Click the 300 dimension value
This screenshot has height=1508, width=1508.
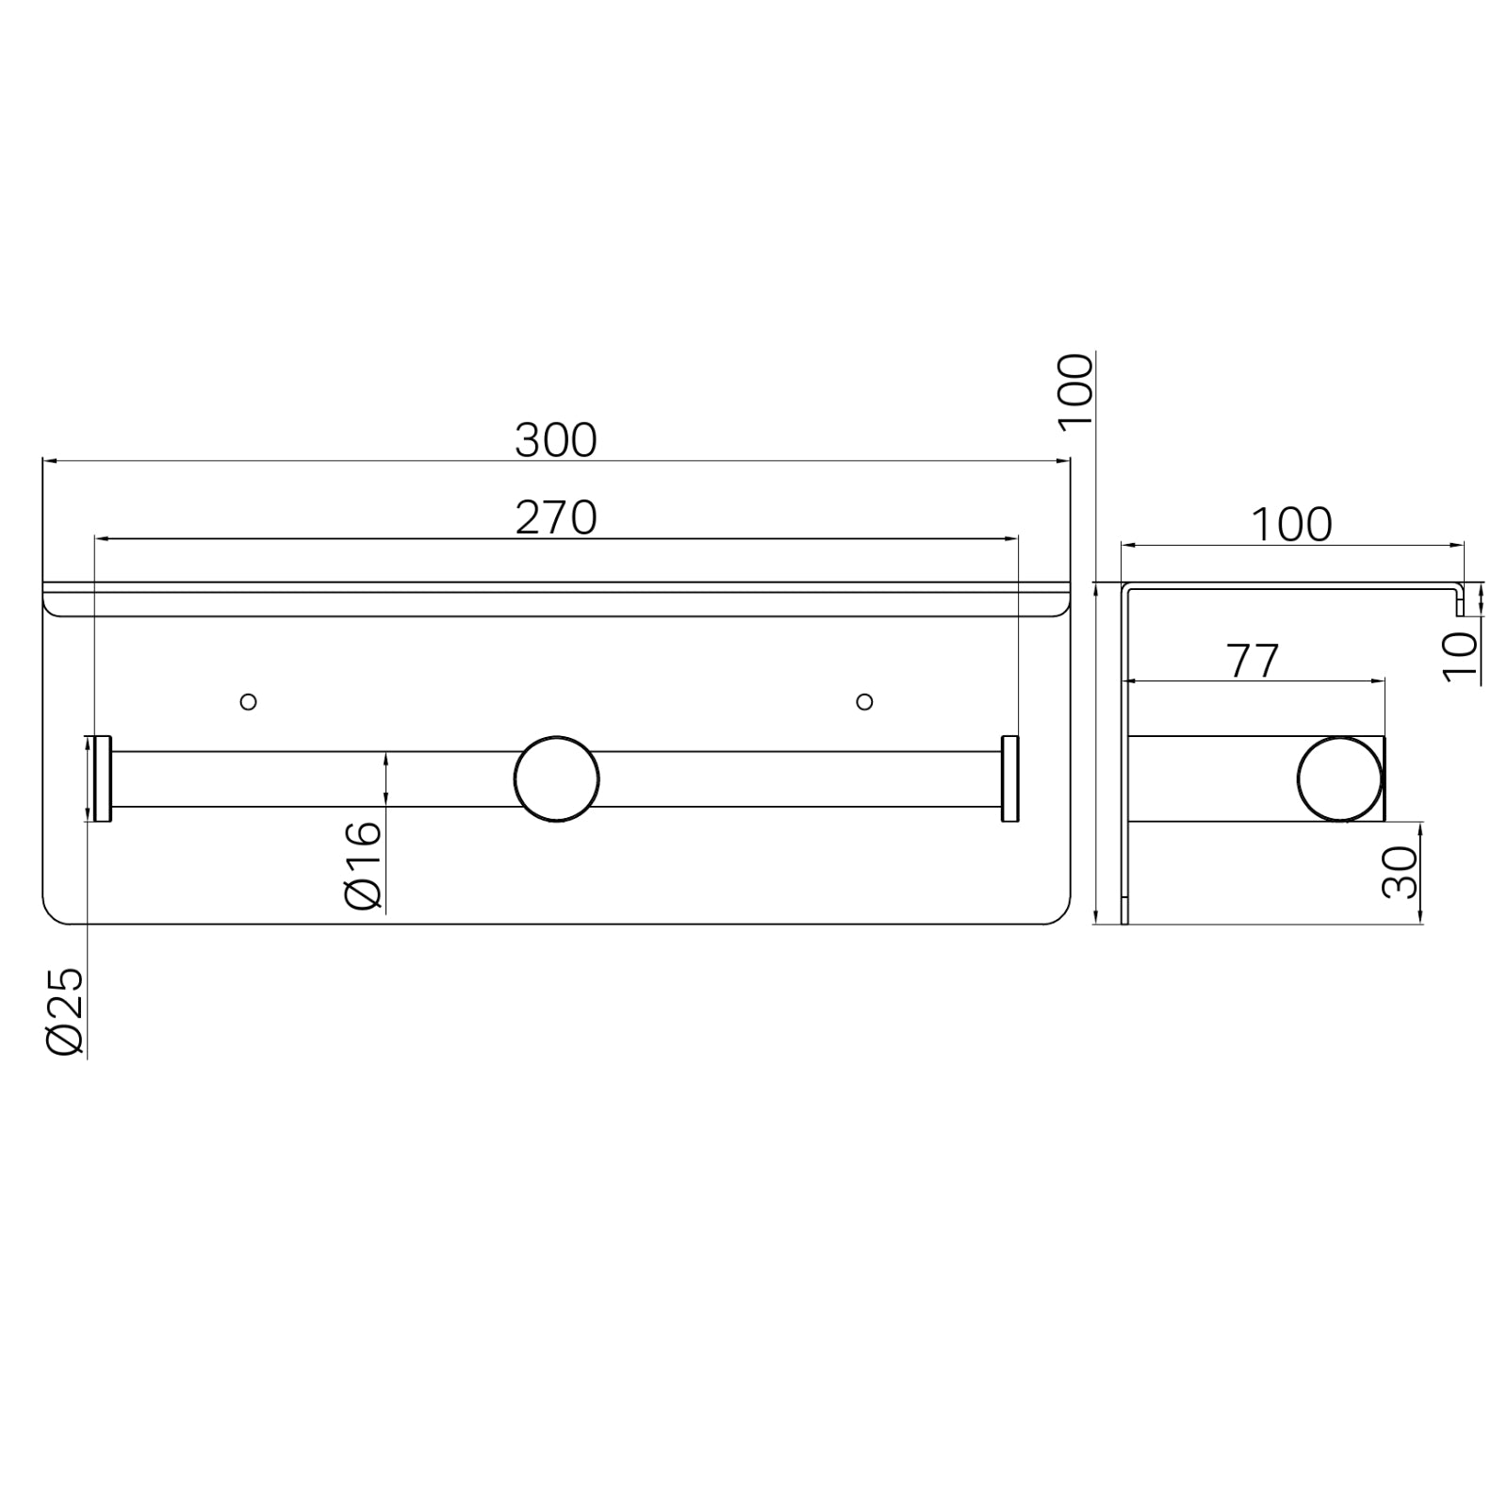(556, 440)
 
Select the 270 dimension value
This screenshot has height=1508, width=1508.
(556, 517)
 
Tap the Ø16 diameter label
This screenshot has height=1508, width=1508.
(364, 864)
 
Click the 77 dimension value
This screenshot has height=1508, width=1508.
(1253, 662)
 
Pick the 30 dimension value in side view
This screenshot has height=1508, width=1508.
(1401, 872)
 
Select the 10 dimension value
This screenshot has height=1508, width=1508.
(1460, 656)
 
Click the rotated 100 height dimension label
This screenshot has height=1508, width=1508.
(1075, 392)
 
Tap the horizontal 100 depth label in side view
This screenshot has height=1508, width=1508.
(1291, 525)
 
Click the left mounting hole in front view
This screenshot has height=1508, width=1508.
(249, 701)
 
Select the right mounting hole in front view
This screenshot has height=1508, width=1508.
(864, 701)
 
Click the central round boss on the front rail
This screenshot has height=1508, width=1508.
(556, 779)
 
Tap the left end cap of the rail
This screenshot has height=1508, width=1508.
(102, 779)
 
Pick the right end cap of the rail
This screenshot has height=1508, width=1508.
(1010, 779)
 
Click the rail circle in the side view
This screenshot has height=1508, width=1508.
(1339, 779)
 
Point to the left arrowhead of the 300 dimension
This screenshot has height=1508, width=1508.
(50, 461)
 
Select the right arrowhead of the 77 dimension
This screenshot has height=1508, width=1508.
(1379, 680)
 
